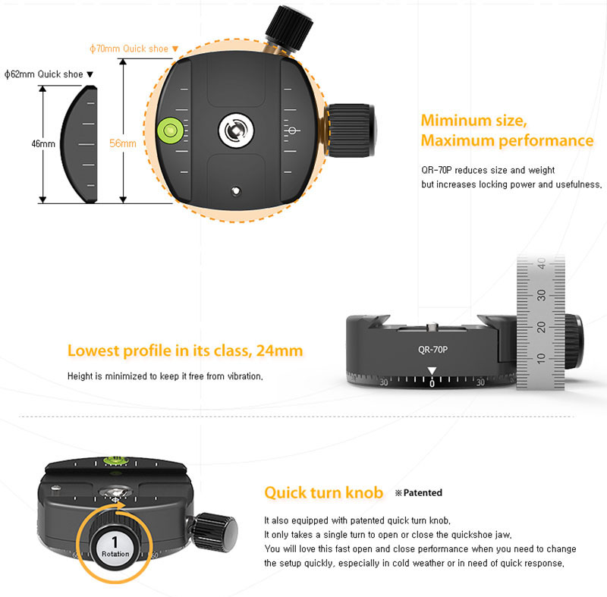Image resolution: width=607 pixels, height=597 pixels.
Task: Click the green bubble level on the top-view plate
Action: (169, 130)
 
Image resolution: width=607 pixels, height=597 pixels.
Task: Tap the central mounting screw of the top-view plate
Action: (236, 130)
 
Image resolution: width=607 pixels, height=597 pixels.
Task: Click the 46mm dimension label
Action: (43, 144)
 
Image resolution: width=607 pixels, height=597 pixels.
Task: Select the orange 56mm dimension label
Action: (123, 143)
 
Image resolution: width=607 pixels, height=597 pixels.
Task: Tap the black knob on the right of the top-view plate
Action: (351, 130)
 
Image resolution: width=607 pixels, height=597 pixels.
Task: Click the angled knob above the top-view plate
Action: (289, 28)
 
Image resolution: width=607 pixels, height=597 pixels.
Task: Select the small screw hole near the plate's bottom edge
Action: (236, 191)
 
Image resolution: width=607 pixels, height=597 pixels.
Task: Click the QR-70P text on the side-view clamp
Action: (432, 350)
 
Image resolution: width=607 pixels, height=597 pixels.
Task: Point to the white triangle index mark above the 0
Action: (432, 371)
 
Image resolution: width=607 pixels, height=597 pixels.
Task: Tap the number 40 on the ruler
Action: (542, 263)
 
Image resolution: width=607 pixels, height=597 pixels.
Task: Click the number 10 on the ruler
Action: (542, 358)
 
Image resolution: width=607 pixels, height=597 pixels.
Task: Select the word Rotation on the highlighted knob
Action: (115, 554)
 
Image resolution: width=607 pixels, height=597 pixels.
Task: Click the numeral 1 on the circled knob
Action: (115, 542)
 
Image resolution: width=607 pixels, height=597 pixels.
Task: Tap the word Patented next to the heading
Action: (423, 492)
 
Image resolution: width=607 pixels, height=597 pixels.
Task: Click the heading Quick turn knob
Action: (324, 492)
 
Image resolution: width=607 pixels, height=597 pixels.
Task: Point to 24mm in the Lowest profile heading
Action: (279, 350)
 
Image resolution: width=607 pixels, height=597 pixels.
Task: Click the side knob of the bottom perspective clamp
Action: (215, 532)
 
